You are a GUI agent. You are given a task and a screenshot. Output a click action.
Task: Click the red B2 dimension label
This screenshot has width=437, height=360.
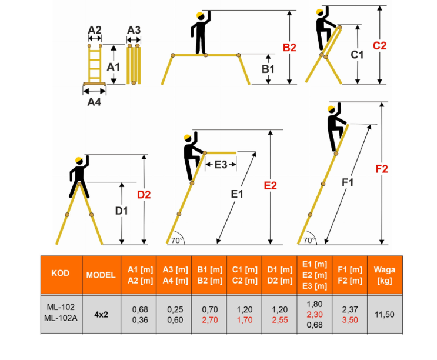pos(289,48)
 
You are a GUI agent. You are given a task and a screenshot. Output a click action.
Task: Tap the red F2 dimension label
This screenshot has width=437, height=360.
pos(382,169)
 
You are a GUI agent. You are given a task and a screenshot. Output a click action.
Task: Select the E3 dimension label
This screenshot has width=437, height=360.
pos(221,165)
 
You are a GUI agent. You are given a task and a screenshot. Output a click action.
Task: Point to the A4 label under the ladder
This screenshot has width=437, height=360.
pos(94,102)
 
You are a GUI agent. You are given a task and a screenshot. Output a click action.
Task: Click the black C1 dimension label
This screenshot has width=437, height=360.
pos(357,55)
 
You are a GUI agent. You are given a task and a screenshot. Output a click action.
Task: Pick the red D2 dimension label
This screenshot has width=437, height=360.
pos(144,195)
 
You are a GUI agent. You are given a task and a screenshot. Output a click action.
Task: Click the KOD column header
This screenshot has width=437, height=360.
pos(61,273)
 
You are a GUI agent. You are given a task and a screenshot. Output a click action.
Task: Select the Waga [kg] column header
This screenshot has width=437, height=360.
pos(385,275)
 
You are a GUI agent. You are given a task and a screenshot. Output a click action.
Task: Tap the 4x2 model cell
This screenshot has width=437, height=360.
pos(101,315)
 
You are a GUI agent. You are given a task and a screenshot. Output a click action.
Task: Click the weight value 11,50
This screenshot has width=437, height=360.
pos(385,315)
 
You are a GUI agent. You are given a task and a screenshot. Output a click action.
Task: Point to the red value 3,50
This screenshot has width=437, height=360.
pos(350,320)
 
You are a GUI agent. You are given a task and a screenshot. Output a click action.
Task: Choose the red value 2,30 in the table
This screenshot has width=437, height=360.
pos(315,314)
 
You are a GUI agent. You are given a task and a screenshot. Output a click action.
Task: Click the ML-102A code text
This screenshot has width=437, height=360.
pos(61,318)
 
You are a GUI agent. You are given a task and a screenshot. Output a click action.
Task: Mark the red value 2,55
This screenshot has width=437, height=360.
pos(280,320)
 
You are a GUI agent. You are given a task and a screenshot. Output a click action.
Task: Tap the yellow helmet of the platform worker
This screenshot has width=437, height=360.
pos(200,15)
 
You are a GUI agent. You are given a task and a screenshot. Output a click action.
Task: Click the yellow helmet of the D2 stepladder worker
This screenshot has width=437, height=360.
pos(79,160)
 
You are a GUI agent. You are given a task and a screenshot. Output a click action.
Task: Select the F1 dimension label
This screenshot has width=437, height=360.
pos(348,183)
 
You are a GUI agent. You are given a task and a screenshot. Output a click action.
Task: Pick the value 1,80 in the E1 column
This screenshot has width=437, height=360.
pos(315,304)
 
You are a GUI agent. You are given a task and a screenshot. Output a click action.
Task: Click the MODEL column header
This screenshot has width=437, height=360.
pos(101,275)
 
